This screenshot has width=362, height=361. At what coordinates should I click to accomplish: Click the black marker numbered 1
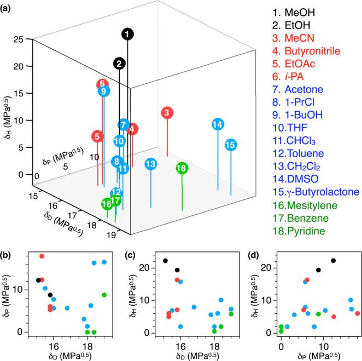(127, 35)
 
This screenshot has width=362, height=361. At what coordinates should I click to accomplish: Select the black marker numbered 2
(118, 64)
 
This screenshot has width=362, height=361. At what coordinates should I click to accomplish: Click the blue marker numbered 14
(217, 124)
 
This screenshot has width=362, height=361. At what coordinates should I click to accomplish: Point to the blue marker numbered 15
(230, 145)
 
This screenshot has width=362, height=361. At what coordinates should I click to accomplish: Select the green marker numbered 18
(182, 168)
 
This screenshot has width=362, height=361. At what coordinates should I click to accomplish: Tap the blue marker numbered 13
(151, 164)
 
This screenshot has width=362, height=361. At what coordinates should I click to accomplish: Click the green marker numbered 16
(107, 204)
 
